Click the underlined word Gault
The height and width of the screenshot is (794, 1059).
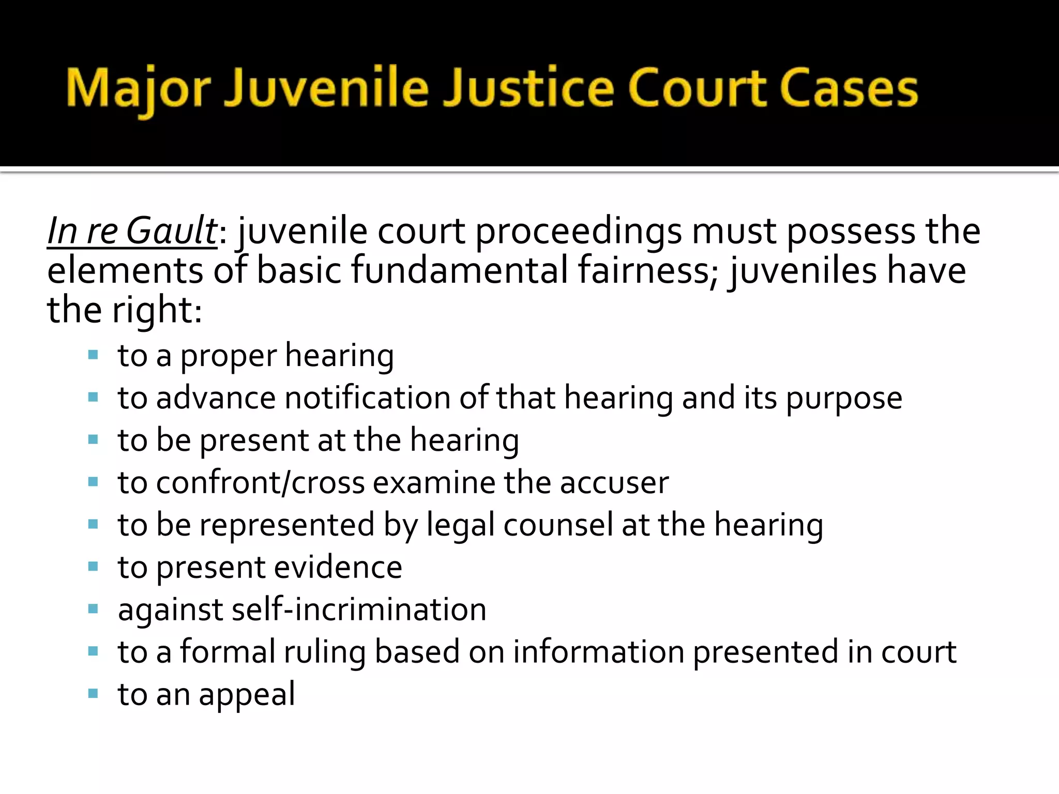pyautogui.click(x=171, y=231)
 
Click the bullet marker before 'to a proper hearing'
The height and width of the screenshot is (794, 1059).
pyautogui.click(x=93, y=355)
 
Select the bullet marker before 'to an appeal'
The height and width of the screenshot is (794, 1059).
pyautogui.click(x=93, y=693)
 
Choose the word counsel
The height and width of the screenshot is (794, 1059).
pyautogui.click(x=558, y=525)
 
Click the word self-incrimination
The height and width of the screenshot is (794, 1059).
pyautogui.click(x=359, y=609)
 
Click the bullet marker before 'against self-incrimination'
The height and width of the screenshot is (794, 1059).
pyautogui.click(x=93, y=609)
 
